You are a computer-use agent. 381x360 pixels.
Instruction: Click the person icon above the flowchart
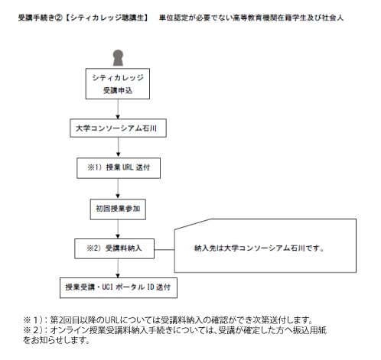[x=118, y=58]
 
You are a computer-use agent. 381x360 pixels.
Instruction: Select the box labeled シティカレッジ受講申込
[x=118, y=83]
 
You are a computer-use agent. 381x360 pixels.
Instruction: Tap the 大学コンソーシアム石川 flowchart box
[x=118, y=128]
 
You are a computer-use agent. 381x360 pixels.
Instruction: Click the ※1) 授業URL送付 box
[x=119, y=168]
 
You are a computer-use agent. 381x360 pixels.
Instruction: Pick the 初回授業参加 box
[x=118, y=209]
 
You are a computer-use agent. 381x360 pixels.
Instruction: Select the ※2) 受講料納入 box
[x=114, y=248]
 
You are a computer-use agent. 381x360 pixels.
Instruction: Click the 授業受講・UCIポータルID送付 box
[x=119, y=287]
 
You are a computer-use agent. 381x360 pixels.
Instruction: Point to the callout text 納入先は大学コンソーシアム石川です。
[x=259, y=248]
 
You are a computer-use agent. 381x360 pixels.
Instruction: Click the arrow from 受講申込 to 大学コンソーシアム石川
[x=118, y=109]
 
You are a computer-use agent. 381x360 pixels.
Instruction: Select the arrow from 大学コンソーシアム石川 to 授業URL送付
[x=118, y=147]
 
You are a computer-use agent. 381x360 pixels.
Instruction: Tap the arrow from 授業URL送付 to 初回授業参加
[x=118, y=188]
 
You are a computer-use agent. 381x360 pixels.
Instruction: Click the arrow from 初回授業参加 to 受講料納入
[x=118, y=229]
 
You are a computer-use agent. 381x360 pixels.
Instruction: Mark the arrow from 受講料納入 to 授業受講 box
[x=118, y=268]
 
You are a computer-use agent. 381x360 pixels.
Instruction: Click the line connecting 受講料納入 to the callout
[x=164, y=250]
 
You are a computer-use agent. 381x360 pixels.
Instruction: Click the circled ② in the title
[x=59, y=18]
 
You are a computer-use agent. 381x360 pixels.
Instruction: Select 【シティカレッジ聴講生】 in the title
[x=106, y=18]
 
